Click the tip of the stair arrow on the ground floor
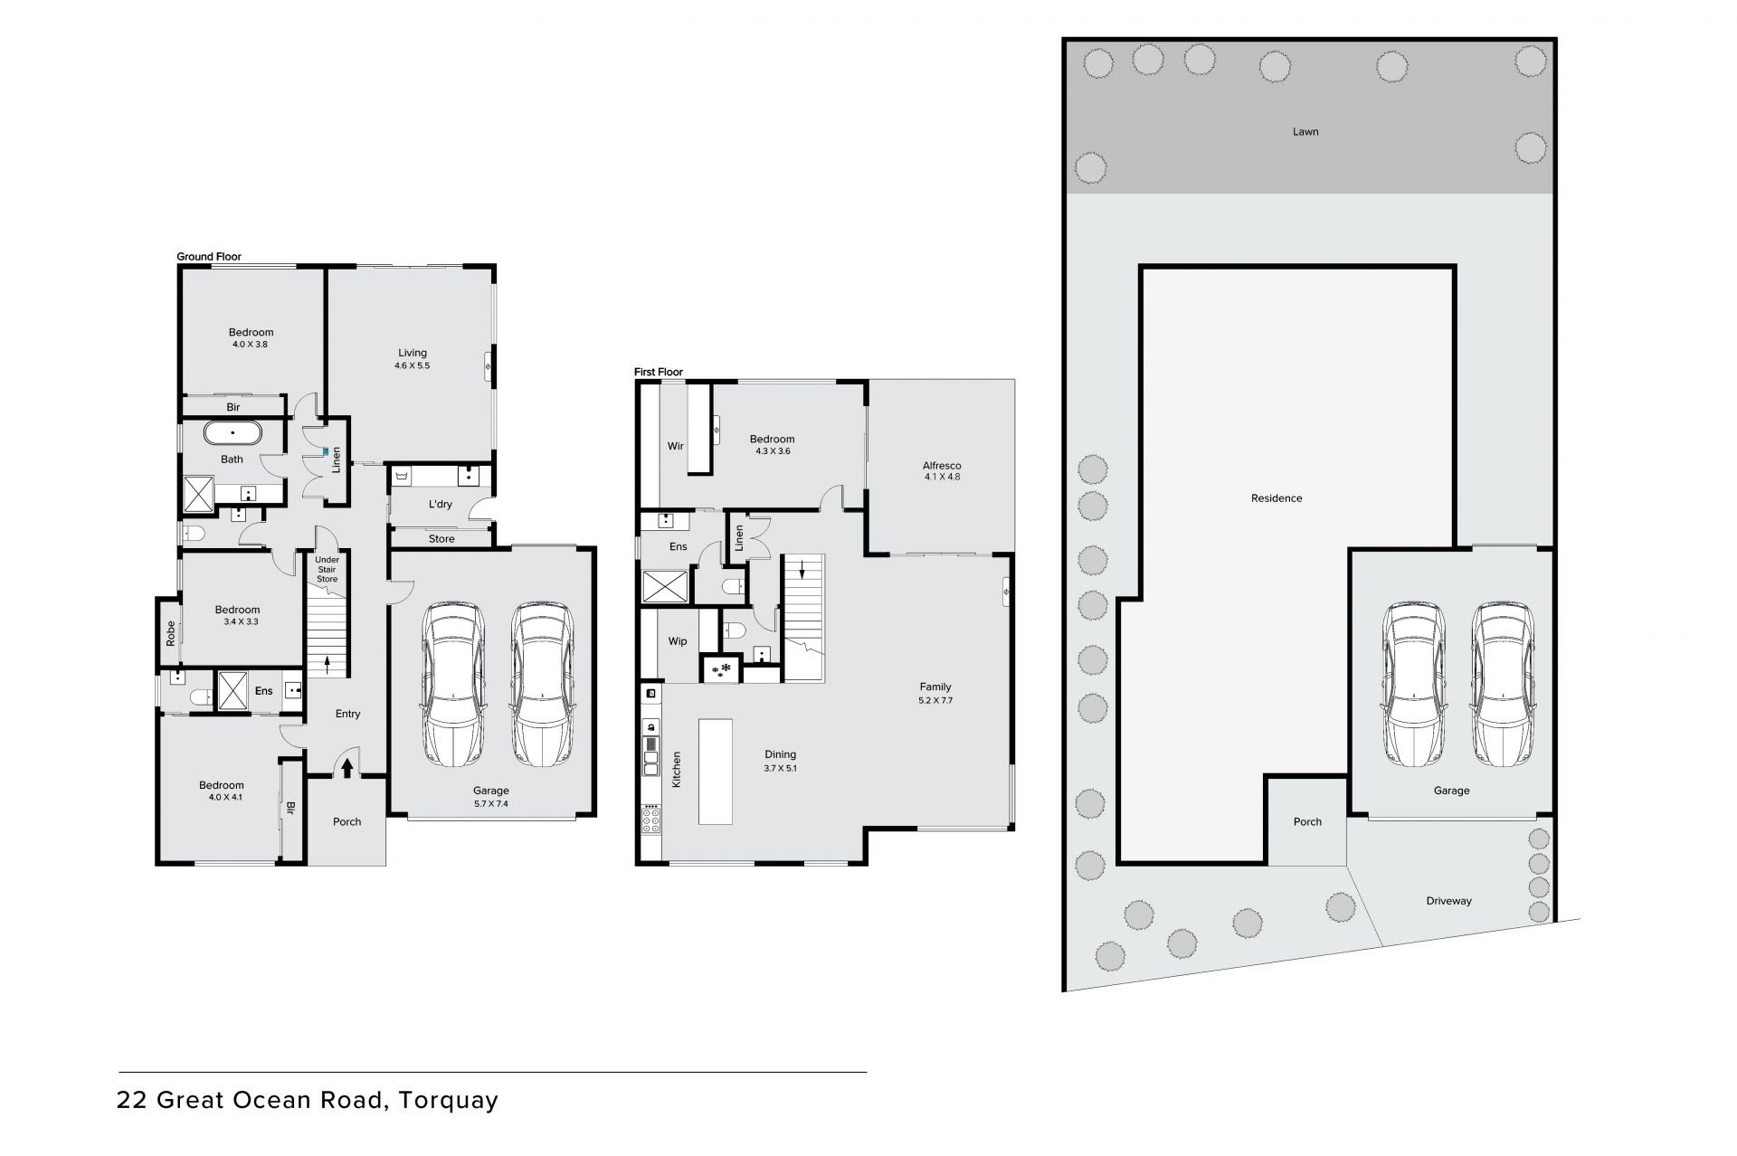327,656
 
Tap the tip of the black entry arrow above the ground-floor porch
347,757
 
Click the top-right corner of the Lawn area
1552,41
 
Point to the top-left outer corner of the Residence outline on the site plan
1140,265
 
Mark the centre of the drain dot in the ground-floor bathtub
233,432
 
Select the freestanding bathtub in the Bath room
233,432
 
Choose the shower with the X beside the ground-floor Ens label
233,691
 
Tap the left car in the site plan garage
1412,684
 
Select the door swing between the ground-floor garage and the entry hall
401,591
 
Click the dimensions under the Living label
412,365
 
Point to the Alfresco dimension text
942,477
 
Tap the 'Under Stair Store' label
327,570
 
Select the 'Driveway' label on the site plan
1449,901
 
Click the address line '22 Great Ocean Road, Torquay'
308,1101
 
